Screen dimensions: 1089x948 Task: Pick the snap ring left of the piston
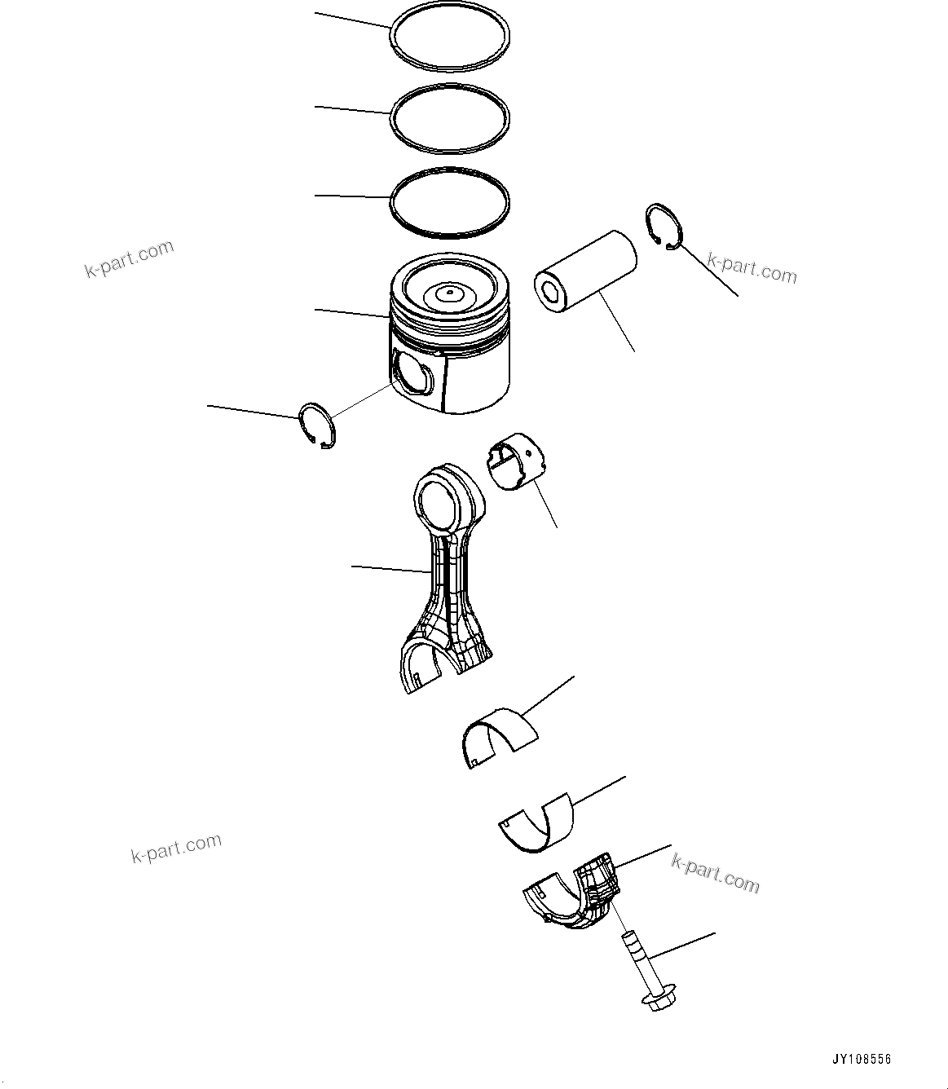click(315, 425)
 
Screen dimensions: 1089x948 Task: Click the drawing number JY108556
click(861, 1060)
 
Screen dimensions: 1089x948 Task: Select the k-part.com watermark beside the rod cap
click(715, 872)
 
